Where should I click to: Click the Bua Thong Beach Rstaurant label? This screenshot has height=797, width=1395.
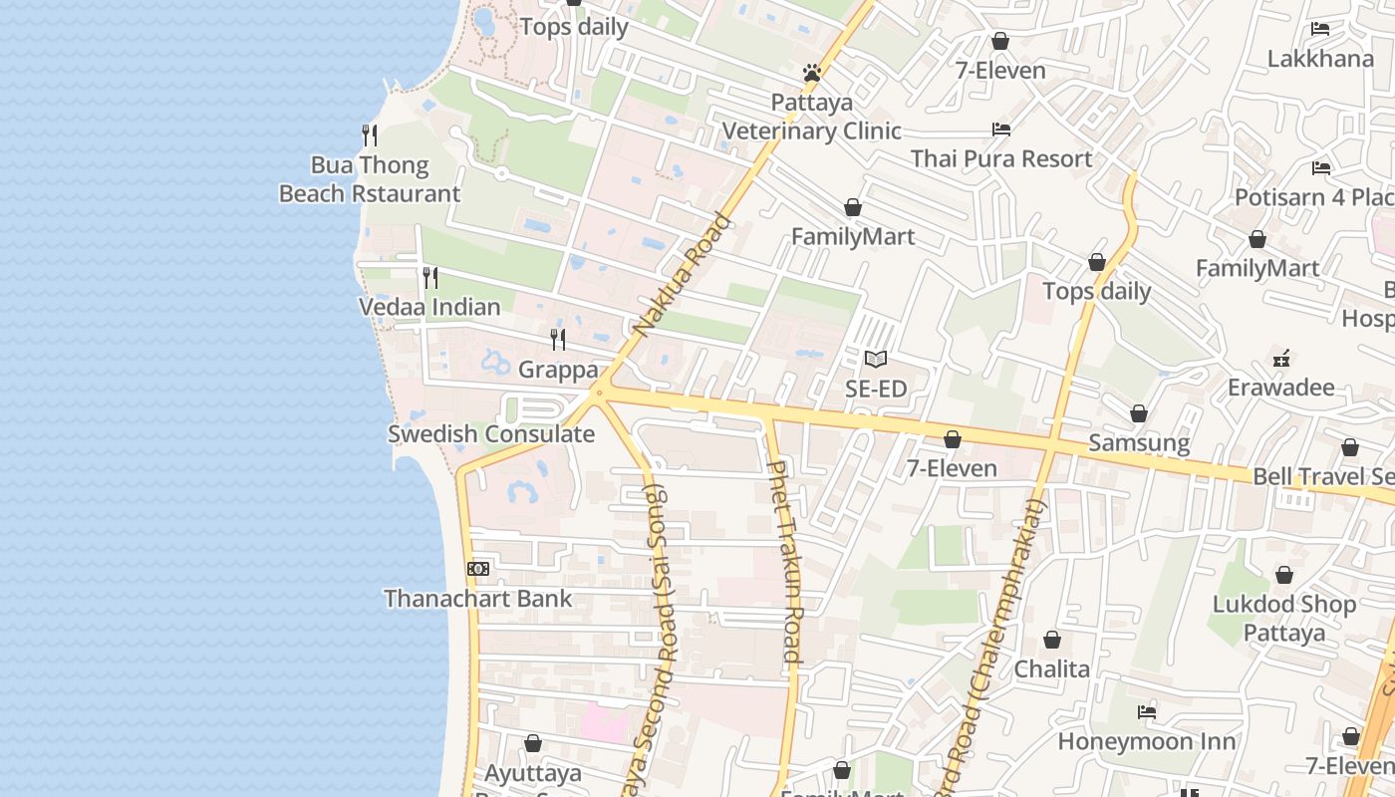[370, 179]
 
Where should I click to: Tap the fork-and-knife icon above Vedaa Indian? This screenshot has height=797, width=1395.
[430, 277]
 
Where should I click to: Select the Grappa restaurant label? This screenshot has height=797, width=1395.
[558, 370]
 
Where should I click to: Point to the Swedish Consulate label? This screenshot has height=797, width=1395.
[491, 434]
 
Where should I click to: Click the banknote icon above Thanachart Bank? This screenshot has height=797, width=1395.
[478, 569]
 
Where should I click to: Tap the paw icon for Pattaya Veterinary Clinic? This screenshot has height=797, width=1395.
[812, 73]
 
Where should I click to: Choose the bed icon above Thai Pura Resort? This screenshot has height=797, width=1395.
[1001, 130]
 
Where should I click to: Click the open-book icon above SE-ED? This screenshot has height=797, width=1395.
[876, 359]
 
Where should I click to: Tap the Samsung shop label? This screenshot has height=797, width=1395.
[1139, 442]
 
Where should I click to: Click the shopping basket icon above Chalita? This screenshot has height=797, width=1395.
[1052, 640]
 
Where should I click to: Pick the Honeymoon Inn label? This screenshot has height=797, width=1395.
[1146, 741]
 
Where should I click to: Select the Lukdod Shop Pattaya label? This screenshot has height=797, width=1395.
[1284, 618]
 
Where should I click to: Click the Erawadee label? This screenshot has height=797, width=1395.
[1280, 387]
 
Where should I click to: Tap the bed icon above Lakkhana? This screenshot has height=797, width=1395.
[1320, 29]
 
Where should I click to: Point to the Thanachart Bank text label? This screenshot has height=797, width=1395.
[478, 599]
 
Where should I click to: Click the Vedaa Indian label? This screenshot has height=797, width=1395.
[429, 307]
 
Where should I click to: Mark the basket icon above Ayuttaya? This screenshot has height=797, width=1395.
[533, 743]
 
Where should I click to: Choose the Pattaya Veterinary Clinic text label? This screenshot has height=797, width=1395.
[812, 118]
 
